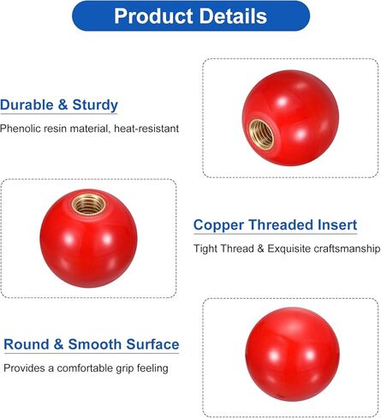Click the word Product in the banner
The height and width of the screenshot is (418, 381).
153,16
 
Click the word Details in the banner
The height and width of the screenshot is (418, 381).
233,16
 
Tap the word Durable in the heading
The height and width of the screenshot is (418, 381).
27,104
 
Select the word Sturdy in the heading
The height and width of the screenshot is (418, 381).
95,105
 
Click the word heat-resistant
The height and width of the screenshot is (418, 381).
146,128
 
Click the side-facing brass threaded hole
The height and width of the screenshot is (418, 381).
261,134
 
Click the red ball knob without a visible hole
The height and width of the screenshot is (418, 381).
292,355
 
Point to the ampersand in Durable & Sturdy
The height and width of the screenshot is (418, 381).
63,104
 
